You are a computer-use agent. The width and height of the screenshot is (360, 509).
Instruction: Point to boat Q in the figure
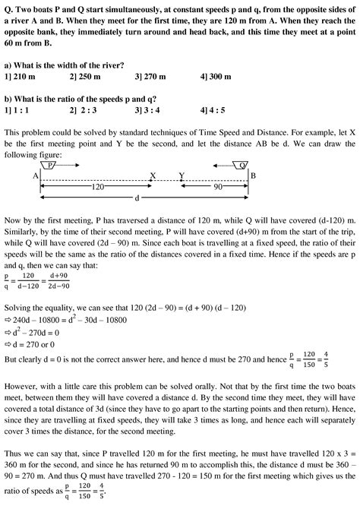[x=242, y=164]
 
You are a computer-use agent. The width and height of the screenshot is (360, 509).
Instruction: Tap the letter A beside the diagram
[x=36, y=175]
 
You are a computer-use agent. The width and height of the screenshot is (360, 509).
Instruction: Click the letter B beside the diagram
[x=254, y=175]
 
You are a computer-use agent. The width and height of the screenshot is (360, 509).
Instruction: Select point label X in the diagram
[x=153, y=175]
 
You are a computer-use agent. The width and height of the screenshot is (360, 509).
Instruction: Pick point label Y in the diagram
[x=181, y=175]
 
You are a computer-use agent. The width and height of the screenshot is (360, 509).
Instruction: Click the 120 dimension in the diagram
[x=96, y=186]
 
